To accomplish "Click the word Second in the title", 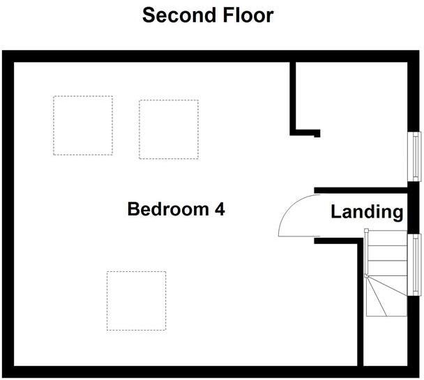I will [x=176, y=15].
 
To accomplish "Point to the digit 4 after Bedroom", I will [x=219, y=209].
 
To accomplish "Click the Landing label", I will [x=367, y=212].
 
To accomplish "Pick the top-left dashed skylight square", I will [x=83, y=126].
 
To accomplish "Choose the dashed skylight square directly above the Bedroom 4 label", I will [x=168, y=129].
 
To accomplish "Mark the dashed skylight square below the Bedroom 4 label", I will [x=136, y=301].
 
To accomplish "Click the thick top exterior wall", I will [x=209, y=56].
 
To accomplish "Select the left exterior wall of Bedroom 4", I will [x=7, y=209].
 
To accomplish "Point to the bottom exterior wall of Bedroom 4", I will [x=181, y=372].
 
